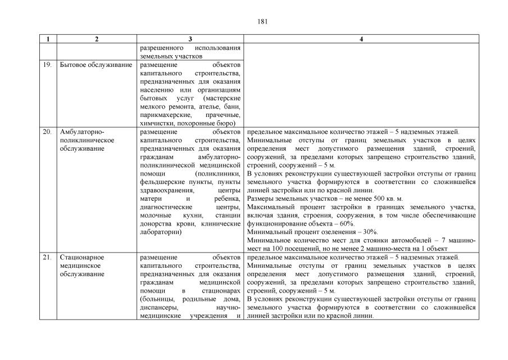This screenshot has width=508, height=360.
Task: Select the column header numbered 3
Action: point(190,39)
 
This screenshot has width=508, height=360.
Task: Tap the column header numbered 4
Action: point(361,39)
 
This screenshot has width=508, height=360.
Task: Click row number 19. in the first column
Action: point(48,65)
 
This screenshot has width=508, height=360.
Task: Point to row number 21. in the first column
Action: point(48,257)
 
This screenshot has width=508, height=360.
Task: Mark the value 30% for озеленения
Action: point(369,232)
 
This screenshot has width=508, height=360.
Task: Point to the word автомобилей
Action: point(415,241)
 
